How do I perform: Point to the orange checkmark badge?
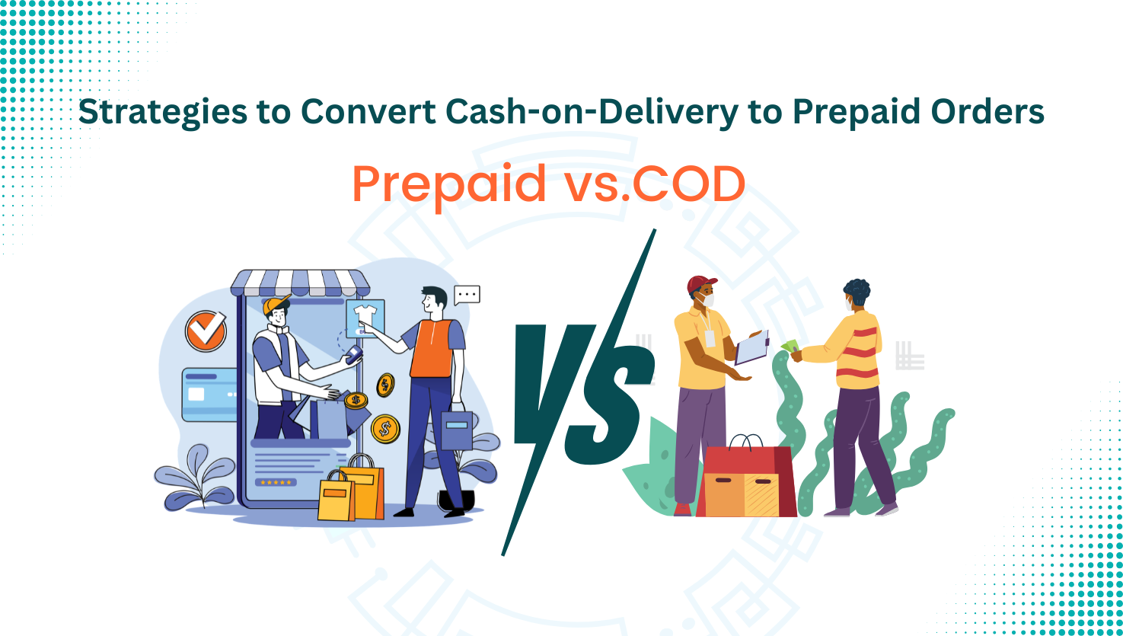(206, 331)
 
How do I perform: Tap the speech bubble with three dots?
(467, 294)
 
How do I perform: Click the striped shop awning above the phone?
(300, 283)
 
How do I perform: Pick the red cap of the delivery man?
(701, 284)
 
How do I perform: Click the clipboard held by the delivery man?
(751, 349)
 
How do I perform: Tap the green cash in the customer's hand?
(789, 346)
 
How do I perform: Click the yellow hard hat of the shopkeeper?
(275, 304)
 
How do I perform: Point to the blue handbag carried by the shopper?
(457, 430)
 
